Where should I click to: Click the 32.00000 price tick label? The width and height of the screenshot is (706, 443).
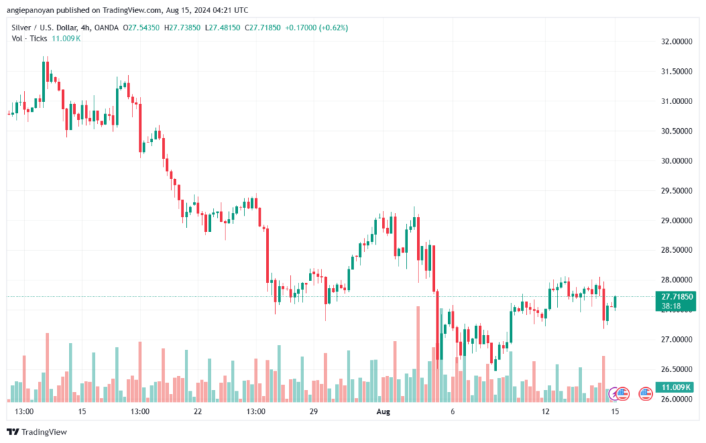(x=676, y=41)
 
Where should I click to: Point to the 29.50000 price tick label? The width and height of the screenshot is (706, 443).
(x=676, y=190)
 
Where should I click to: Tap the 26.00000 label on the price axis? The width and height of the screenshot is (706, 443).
(x=676, y=400)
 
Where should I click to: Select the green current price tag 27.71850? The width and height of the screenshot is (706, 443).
(x=676, y=296)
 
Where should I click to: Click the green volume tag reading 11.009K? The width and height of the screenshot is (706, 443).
(x=676, y=387)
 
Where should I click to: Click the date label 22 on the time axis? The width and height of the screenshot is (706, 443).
(x=199, y=411)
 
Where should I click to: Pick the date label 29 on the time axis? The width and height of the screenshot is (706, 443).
(x=313, y=411)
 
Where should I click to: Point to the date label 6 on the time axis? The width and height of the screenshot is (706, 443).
(x=452, y=411)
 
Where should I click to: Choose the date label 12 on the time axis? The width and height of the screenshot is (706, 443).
(x=546, y=411)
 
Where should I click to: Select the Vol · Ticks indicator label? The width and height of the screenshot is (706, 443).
(x=30, y=39)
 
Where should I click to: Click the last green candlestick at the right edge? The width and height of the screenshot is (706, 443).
(x=614, y=302)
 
